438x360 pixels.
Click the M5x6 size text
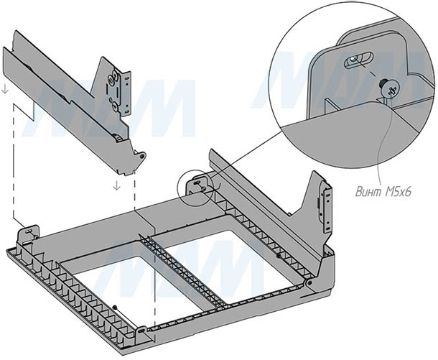coord(393,193)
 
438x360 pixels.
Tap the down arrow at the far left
coord(6,90)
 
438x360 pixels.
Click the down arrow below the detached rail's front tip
coord(115,185)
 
